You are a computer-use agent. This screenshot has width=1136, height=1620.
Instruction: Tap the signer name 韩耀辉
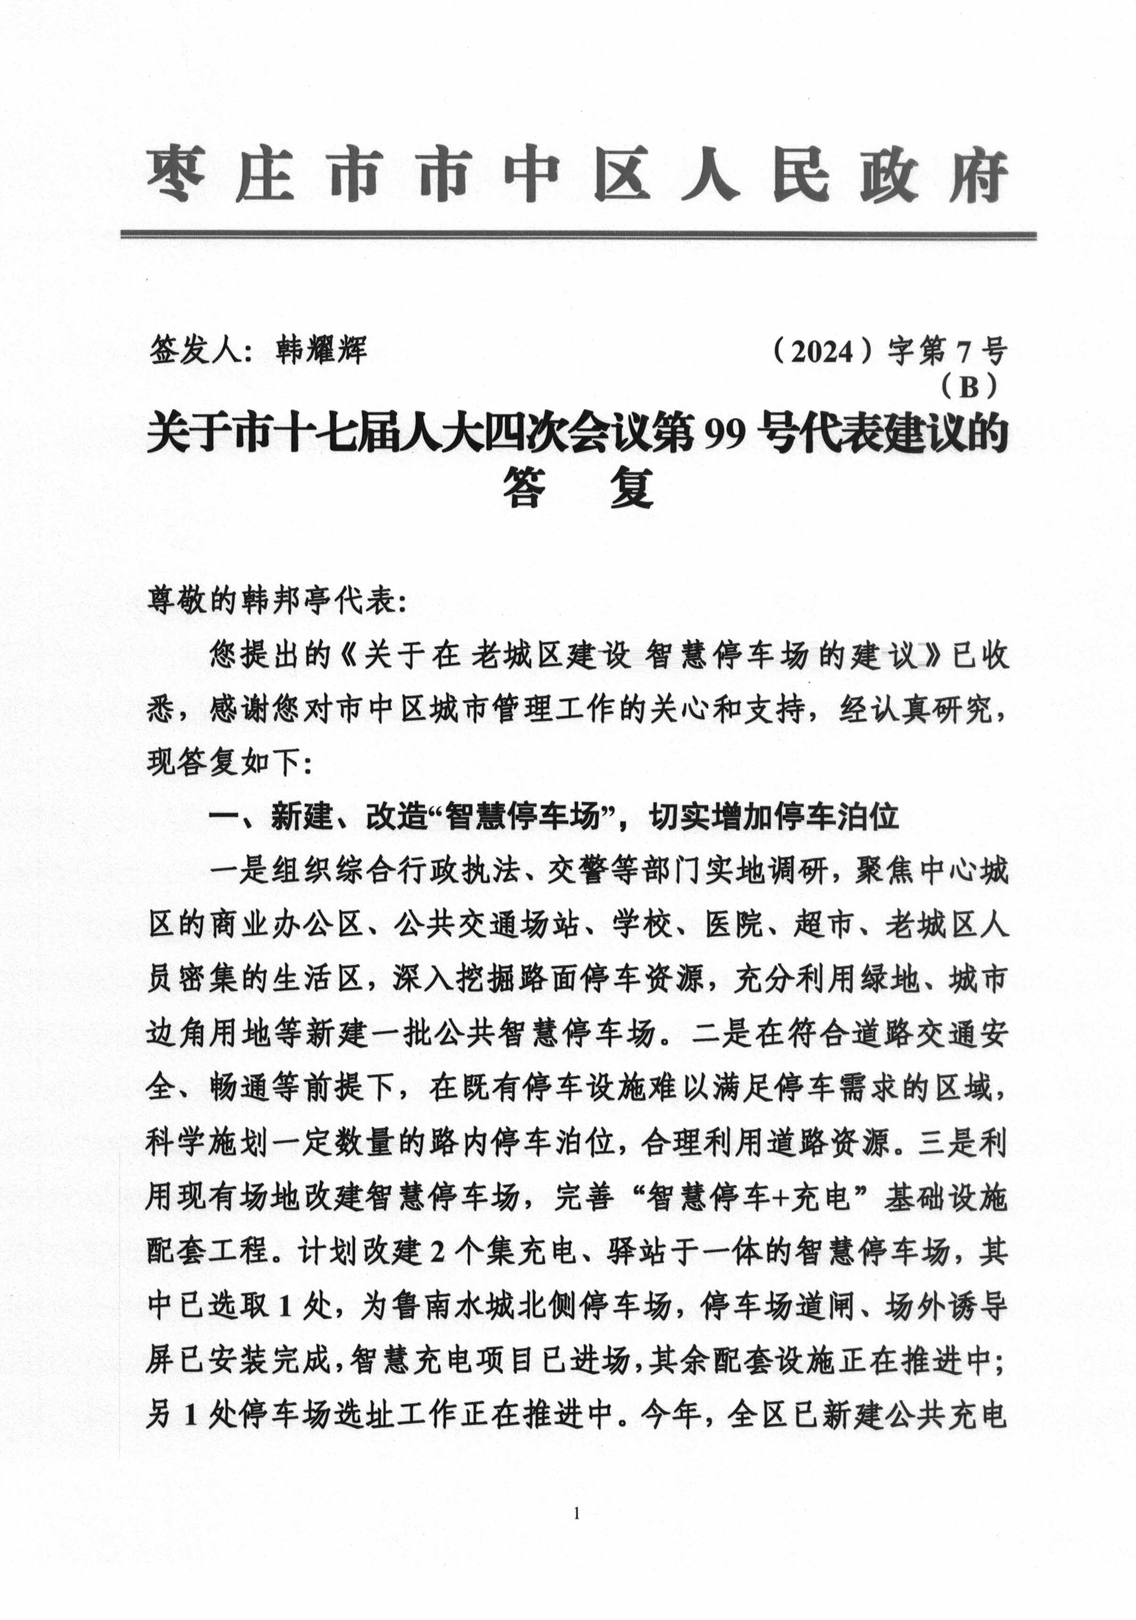click(322, 350)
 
